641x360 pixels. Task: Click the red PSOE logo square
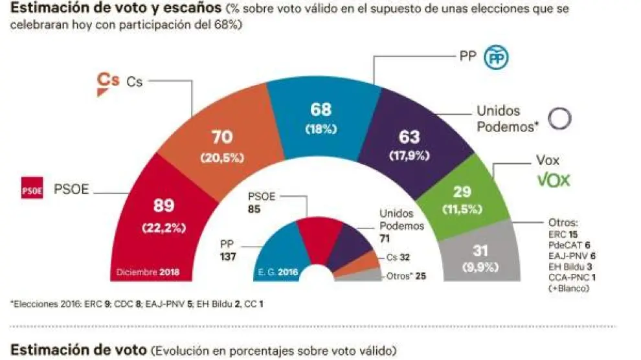point(32,190)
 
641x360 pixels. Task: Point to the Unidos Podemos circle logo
point(559,118)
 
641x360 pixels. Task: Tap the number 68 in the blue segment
point(321,110)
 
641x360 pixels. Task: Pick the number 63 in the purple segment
point(410,137)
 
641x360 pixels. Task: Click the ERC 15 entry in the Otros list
point(562,233)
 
